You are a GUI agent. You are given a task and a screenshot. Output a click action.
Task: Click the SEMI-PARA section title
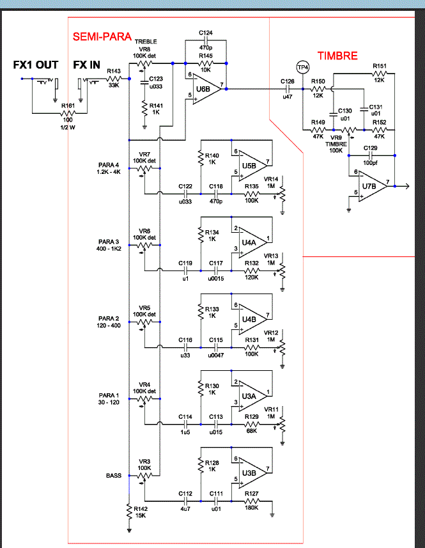click(102, 38)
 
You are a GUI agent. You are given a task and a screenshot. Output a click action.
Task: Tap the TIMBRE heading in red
click(337, 56)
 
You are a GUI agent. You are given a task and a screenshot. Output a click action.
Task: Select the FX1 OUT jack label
click(36, 65)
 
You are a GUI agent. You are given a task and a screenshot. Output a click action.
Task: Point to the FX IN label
click(86, 65)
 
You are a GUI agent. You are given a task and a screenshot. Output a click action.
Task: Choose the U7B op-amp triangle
click(370, 185)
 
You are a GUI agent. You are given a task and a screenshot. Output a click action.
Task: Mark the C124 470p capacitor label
click(205, 40)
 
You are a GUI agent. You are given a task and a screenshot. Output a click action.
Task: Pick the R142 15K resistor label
click(139, 512)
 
